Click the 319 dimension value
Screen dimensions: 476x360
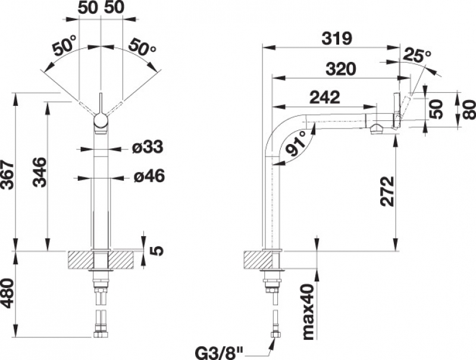tap(337, 39)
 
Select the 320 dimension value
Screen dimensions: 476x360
tap(340, 69)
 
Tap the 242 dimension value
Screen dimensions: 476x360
tap(324, 97)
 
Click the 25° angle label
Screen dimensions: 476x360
tap(418, 55)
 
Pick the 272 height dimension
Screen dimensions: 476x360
tap(387, 191)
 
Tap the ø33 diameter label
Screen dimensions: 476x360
tap(148, 147)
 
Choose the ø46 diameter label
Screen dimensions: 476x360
tap(149, 176)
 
